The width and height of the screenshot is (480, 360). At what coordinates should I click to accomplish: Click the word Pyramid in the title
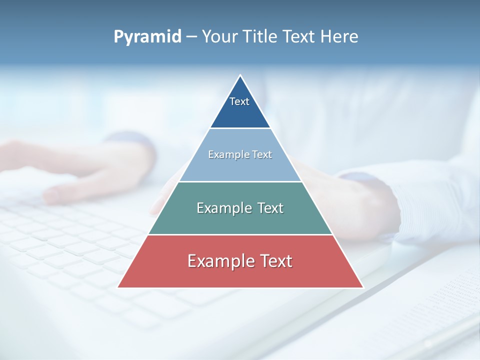[x=147, y=37]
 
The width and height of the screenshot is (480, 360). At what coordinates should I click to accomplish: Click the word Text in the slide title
[x=300, y=36]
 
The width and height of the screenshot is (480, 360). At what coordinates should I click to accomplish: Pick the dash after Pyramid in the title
[x=191, y=37]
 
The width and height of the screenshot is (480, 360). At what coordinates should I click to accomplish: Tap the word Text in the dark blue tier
[x=239, y=101]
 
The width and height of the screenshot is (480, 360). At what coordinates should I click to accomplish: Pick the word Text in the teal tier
[x=270, y=208]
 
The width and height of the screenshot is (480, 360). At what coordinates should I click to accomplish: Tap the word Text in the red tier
[x=276, y=261]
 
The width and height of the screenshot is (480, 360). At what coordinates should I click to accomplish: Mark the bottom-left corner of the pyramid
[x=118, y=287]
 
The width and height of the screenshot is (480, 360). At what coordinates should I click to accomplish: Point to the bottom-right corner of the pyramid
[x=362, y=287]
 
